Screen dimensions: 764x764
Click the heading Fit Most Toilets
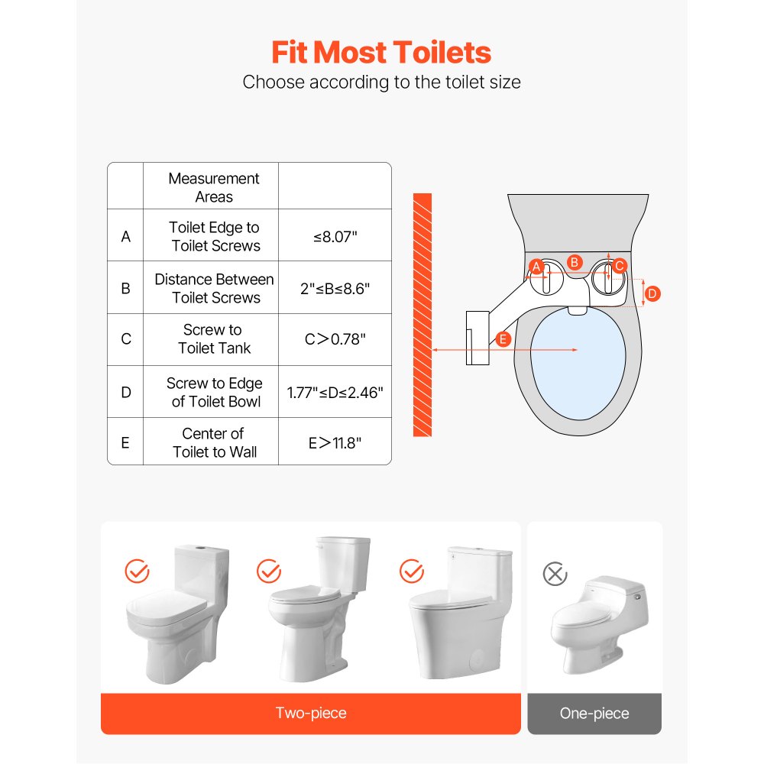coord(381,53)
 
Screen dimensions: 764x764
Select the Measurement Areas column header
coord(214,187)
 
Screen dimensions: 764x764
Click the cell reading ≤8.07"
coord(335,237)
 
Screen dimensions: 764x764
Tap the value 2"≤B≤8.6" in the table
coord(335,289)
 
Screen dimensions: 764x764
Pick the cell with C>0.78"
coord(335,339)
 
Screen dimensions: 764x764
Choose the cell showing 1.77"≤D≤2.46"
coord(335,393)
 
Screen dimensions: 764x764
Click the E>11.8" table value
coord(335,442)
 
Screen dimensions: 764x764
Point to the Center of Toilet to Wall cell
coord(214,442)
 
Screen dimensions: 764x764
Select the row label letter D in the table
coord(125,392)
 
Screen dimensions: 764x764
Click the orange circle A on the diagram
coord(536,267)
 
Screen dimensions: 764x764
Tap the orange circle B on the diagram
coord(575,262)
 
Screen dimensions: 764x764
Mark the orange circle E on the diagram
coord(503,339)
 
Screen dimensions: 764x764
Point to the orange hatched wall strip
coord(422,315)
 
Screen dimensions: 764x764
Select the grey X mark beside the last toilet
coord(555,574)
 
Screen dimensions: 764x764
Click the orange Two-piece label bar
coord(311,714)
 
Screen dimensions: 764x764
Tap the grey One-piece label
coord(594,714)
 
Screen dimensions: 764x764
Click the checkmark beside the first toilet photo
coord(137,571)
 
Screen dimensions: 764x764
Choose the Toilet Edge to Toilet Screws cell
coord(214,237)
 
